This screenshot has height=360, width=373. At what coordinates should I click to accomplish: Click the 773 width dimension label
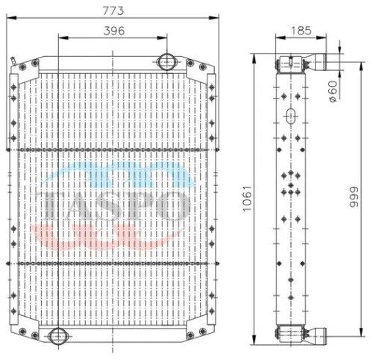[113, 10]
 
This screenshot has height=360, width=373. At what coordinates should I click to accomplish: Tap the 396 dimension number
[114, 31]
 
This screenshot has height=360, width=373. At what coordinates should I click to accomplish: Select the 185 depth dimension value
[301, 31]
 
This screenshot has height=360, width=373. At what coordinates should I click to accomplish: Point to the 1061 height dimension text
[248, 199]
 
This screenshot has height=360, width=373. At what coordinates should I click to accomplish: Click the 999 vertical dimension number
[354, 197]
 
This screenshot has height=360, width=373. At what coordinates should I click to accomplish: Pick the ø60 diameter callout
[333, 91]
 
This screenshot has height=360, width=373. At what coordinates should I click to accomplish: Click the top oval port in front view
[166, 62]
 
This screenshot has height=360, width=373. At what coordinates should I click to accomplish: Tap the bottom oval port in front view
[58, 336]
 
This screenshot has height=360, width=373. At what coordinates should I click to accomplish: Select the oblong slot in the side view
[291, 116]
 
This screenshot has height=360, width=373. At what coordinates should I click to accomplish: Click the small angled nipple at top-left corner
[13, 61]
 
